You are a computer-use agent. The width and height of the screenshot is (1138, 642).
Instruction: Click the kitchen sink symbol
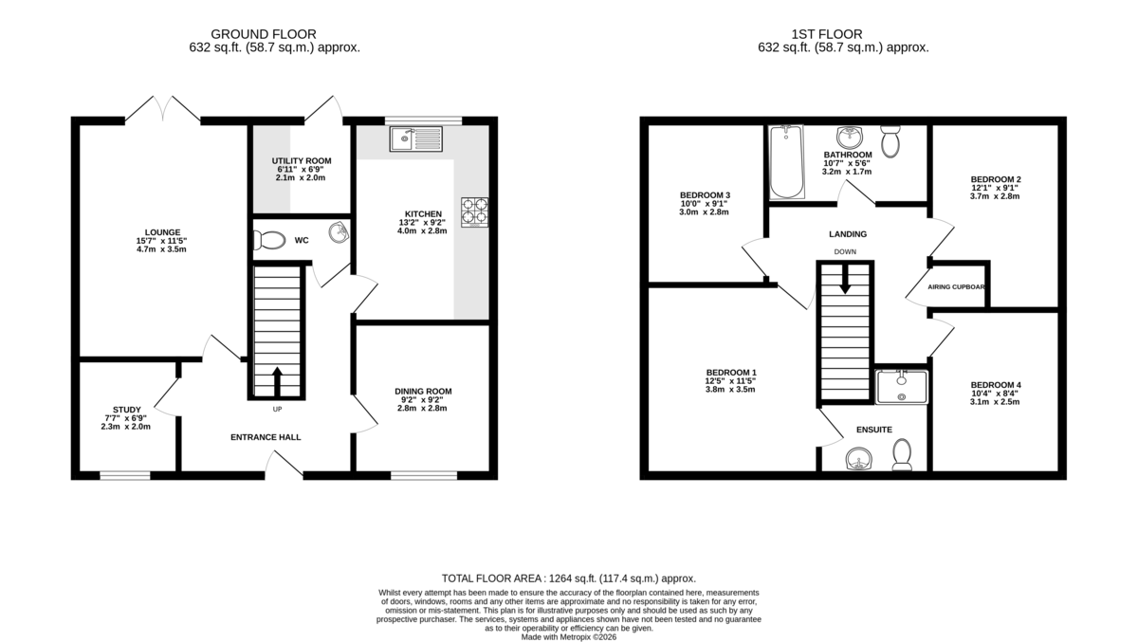415,139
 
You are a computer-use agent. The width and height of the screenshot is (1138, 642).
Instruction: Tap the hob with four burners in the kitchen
474,211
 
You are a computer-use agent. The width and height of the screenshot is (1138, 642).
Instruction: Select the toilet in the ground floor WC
269,241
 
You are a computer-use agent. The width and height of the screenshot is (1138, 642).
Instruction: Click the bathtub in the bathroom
786,162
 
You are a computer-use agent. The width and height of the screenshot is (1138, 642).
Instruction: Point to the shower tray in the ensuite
900,387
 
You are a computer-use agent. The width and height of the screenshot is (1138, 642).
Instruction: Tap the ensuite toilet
901,453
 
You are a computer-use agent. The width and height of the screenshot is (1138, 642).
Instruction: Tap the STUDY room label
126,410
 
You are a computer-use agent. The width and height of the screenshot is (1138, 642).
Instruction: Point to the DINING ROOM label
423,391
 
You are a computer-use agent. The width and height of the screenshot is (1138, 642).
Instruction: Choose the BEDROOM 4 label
995,385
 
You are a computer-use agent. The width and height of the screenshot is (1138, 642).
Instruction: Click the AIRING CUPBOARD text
954,286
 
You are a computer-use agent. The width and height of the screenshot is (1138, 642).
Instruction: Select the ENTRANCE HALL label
266,437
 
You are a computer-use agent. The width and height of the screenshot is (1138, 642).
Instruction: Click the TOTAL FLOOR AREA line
569,578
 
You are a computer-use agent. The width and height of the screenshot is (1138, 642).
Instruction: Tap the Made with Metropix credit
569,637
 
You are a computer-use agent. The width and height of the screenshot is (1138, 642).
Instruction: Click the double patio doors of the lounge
163,110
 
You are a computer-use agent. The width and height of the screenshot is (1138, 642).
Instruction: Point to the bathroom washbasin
847,138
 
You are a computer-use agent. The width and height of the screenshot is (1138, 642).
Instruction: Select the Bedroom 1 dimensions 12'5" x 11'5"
730,380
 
